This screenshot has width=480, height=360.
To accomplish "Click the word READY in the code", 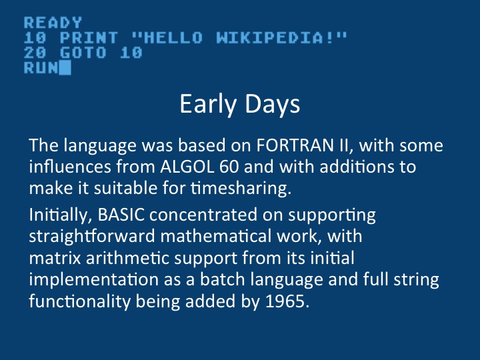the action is coord(53,23).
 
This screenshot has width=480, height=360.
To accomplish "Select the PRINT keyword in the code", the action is coord(89,38).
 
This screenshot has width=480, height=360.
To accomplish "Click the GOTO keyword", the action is coord(83,53).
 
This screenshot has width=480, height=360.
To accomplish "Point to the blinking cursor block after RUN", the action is coord(65,67).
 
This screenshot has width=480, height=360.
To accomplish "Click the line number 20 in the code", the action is coord(35,53).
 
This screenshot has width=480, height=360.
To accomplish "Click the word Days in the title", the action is coord(273,105).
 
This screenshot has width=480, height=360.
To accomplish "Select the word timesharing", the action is coord(241,188).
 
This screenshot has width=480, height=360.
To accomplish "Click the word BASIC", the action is coord(121,215).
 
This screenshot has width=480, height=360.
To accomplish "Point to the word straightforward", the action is coord(92,237).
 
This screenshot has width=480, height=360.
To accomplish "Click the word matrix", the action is coord(55,258).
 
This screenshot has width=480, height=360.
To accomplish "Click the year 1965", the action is coord(287,301).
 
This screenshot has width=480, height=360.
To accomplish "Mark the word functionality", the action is coord(80,301).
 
